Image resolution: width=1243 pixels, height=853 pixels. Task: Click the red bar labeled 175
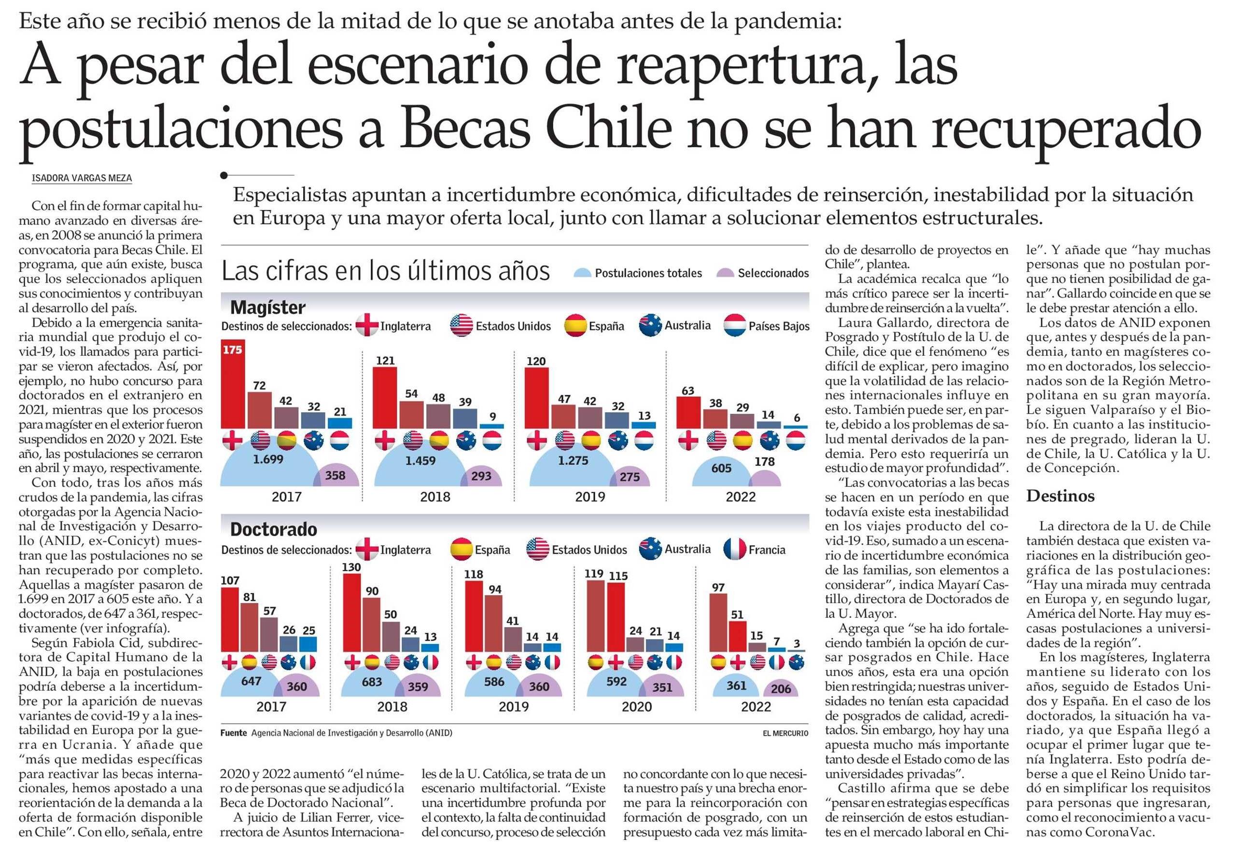point(233,385)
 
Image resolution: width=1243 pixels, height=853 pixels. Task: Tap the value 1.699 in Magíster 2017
point(268,460)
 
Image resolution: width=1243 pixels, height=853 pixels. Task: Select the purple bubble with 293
point(481,476)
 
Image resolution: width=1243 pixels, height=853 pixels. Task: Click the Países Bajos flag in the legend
point(734,326)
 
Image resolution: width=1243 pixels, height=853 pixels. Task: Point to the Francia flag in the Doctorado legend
point(734,549)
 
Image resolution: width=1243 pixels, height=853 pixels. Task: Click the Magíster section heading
point(267,308)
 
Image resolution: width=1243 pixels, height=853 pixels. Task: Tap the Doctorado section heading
point(273,530)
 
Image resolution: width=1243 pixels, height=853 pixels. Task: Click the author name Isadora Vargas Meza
point(82,178)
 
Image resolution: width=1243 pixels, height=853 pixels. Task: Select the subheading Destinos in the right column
point(1060,496)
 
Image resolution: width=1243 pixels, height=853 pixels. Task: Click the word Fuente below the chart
point(233,733)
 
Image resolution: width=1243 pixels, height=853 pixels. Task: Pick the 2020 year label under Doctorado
point(637,707)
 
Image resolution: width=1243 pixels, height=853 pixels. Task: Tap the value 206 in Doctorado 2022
point(781,689)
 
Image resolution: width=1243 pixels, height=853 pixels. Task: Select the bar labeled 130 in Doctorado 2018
point(351,612)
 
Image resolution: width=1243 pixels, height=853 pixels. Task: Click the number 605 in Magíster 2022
point(721,468)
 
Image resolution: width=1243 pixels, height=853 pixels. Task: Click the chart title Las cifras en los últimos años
point(386,271)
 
